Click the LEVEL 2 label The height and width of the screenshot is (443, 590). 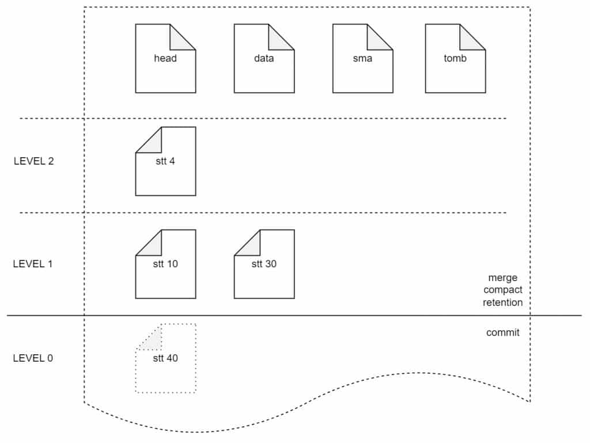[x=33, y=161]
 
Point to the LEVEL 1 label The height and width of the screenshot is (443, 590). [x=33, y=264]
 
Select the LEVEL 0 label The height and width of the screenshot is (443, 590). [x=33, y=358]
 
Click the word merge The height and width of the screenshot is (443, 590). [x=502, y=278]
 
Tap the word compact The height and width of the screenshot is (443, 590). [x=502, y=290]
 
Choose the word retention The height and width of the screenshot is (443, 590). [x=502, y=302]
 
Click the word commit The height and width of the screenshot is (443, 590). [x=502, y=332]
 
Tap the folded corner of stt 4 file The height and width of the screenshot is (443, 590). [x=151, y=142]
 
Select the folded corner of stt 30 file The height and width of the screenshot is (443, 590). [x=249, y=245]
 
